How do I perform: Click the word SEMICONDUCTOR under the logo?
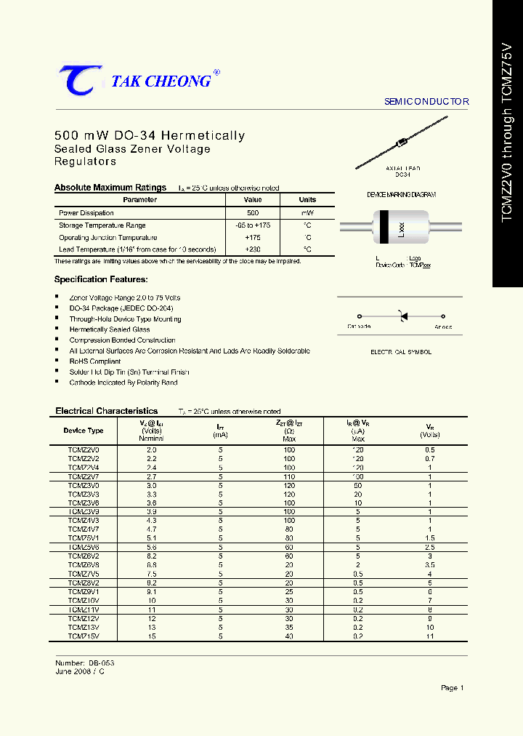point(426,102)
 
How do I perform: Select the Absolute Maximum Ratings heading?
point(110,188)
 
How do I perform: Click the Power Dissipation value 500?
point(253,213)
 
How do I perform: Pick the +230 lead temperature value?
point(253,249)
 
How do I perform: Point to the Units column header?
point(307,199)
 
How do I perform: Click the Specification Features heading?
point(101,279)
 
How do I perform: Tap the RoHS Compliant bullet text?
point(95,361)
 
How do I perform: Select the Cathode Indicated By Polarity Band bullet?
point(123,382)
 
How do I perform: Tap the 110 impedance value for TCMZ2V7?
point(289,476)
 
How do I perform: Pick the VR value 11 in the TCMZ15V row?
point(430,636)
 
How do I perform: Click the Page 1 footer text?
point(452,687)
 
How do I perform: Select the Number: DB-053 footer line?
point(85,663)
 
